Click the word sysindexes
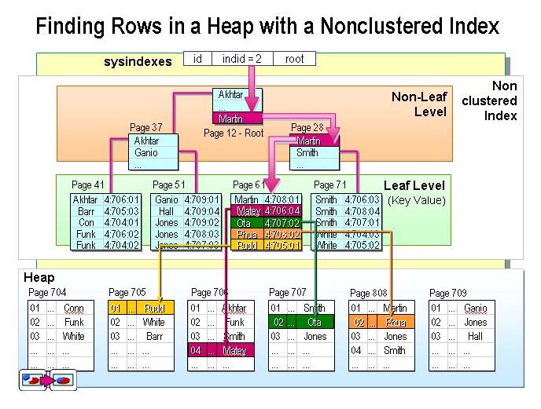pos(138,61)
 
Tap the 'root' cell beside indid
pos(295,59)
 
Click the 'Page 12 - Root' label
pos(234,133)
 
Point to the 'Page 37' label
pos(145,128)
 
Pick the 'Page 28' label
pos(307,128)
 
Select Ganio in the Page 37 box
pos(146,153)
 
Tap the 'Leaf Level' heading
pos(414,186)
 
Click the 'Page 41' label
pos(87,185)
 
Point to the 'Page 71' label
pos(329,185)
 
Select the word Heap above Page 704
pos(39,278)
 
